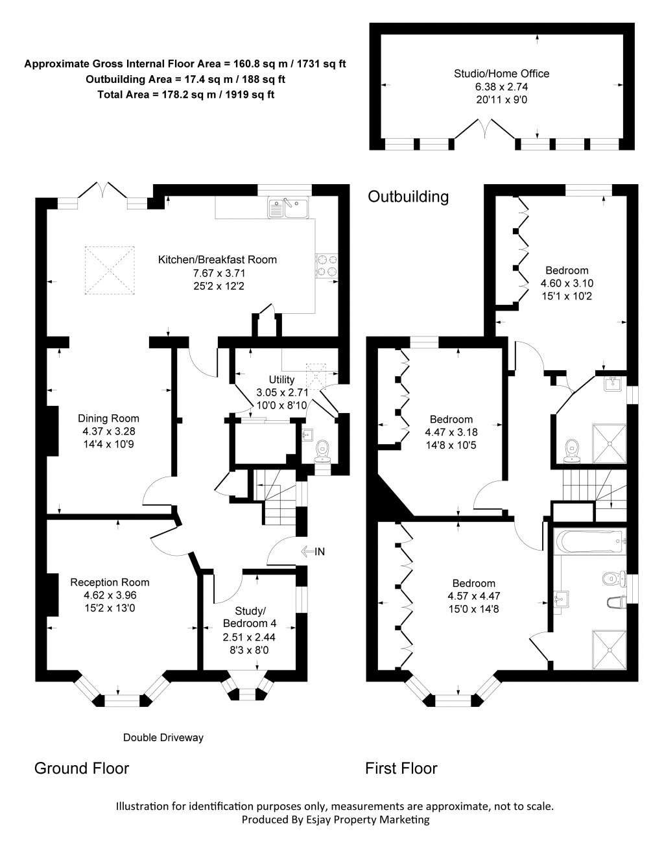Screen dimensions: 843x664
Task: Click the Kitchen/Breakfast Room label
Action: pos(217,260)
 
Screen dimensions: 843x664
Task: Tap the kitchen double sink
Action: pos(289,208)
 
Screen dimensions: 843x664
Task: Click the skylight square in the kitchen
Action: pos(108,268)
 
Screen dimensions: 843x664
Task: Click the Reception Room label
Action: pos(110,582)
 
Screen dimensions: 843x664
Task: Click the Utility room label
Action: pos(281,380)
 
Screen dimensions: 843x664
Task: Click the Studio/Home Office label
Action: pos(501,73)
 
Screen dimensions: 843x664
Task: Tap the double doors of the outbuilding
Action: pos(484,128)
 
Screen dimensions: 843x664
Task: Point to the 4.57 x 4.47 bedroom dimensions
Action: pos(473,596)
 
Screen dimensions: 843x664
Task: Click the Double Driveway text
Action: pos(163,737)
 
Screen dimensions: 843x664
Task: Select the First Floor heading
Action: pos(401,768)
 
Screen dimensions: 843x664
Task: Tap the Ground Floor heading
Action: pos(81,768)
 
